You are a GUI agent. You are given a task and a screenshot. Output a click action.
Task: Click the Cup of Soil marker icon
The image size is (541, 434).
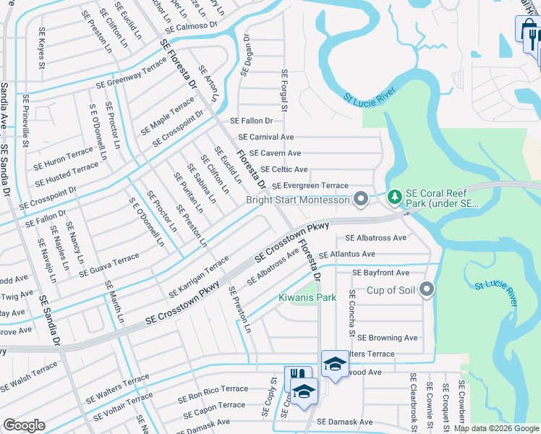(427, 290)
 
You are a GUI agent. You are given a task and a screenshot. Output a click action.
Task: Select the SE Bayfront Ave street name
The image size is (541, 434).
(380, 273)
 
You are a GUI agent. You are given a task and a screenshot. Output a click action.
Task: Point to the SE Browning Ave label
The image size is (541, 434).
(388, 337)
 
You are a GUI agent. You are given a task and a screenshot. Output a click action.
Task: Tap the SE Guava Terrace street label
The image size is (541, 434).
(109, 264)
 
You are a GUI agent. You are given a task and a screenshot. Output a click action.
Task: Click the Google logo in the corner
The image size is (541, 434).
(24, 426)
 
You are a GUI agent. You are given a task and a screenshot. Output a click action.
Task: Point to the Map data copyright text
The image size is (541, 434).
(495, 428)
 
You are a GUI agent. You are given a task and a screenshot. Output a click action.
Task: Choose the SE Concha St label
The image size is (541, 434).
(352, 312)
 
